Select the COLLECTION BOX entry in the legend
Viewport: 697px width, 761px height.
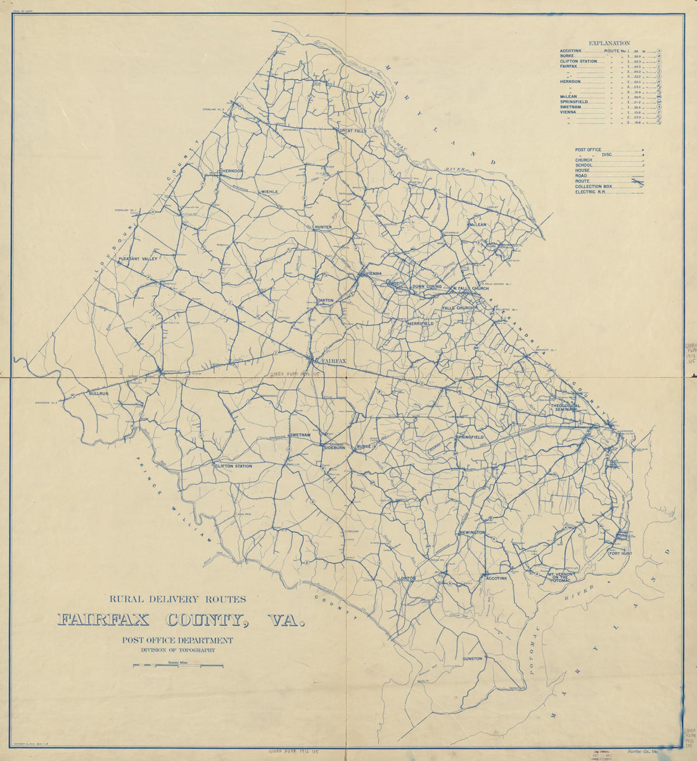pos(594,187)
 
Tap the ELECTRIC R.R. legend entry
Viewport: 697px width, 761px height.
pos(591,192)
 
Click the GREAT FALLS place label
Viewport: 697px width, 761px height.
pos(353,131)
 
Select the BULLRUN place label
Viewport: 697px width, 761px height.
pos(99,393)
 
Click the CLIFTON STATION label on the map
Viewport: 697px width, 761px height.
pos(233,466)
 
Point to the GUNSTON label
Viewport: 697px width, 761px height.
pos(472,658)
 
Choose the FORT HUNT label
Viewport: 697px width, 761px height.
pos(620,553)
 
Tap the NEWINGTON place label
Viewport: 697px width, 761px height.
pos(473,532)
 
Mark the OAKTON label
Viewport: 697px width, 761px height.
pos(324,300)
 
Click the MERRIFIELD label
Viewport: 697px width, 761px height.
pos(421,324)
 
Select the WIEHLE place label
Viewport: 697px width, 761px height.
pos(269,192)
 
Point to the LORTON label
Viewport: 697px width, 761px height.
pos(406,579)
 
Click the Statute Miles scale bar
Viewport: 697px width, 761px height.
pos(178,665)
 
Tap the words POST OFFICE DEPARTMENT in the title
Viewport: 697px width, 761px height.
pos(178,640)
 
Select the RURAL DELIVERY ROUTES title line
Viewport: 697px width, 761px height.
pos(178,598)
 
